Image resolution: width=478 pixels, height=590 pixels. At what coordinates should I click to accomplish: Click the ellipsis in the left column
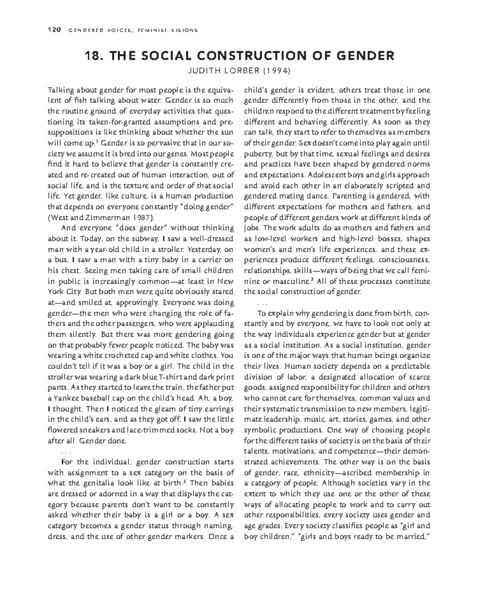coord(66,452)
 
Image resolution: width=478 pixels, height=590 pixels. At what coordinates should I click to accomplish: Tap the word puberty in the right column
coord(258,153)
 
